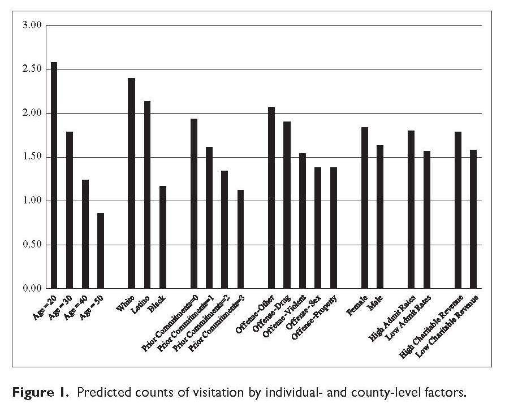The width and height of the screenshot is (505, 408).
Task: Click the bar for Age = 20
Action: pyautogui.click(x=54, y=175)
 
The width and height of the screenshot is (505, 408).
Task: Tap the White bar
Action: pyautogui.click(x=131, y=183)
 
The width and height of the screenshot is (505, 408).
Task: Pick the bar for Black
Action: pyautogui.click(x=163, y=237)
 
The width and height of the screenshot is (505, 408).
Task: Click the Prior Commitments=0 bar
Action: pyautogui.click(x=194, y=203)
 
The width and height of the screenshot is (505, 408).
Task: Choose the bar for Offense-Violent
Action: pyautogui.click(x=303, y=221)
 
